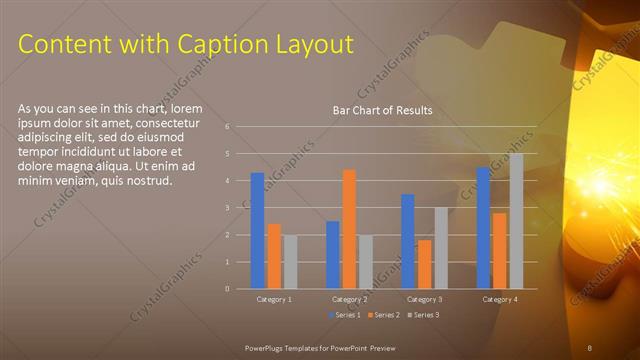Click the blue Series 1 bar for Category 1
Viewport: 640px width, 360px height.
[x=257, y=231]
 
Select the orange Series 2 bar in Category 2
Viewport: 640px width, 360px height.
[x=349, y=229]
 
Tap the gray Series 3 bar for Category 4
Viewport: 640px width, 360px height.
[x=516, y=221]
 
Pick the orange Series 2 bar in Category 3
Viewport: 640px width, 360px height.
[x=424, y=264]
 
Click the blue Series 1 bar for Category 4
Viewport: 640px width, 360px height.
[x=483, y=228]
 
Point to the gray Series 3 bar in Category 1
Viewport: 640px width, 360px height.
[x=290, y=262]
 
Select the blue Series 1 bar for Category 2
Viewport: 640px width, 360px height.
[x=332, y=255]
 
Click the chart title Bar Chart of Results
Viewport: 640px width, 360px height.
[x=382, y=110]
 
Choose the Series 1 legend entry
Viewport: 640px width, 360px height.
[x=345, y=315]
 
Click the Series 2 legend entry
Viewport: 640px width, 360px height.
[x=385, y=315]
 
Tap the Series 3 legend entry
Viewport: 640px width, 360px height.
[x=425, y=315]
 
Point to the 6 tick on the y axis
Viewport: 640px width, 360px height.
[x=228, y=127]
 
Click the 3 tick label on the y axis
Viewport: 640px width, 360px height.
[x=228, y=208]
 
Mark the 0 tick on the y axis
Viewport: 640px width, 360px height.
[x=228, y=289]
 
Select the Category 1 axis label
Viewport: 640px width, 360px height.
[x=274, y=299]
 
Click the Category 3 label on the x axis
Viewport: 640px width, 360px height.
[x=425, y=299]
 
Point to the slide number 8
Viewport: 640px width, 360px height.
[x=590, y=346]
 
